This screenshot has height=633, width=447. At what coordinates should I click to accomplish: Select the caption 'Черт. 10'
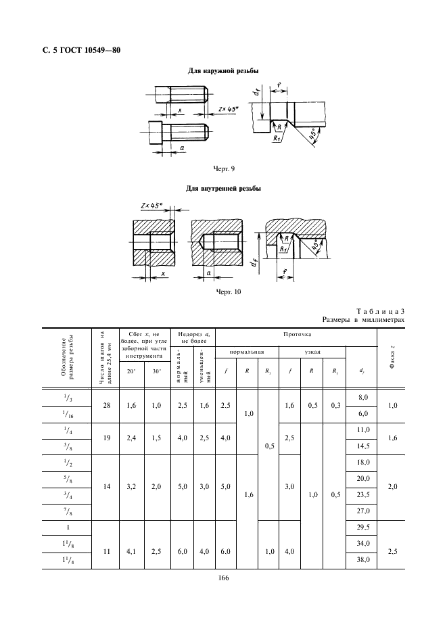pyautogui.click(x=229, y=292)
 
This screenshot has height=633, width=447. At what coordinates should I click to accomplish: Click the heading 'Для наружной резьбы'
pyautogui.click(x=223, y=70)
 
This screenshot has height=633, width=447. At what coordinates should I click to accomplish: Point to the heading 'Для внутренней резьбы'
pyautogui.click(x=223, y=189)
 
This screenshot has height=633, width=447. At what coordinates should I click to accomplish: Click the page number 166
pyautogui.click(x=223, y=578)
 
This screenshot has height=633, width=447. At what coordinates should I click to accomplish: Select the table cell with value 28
pyautogui.click(x=107, y=405)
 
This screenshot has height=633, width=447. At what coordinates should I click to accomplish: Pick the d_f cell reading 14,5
pyautogui.click(x=363, y=446)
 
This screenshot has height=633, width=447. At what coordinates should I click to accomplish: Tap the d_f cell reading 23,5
pyautogui.click(x=363, y=495)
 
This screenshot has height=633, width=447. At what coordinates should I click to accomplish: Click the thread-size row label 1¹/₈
pyautogui.click(x=67, y=544)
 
